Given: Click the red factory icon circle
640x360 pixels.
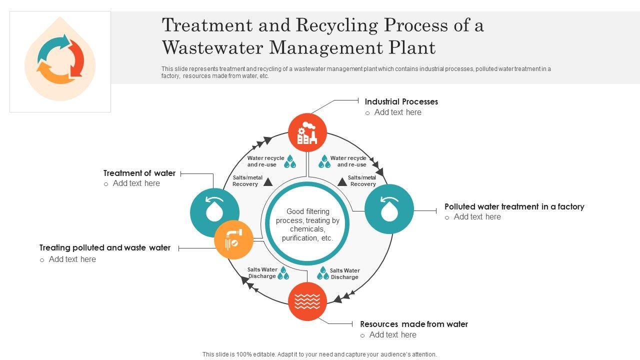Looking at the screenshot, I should click(307, 133).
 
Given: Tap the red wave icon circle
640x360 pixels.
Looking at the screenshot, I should click(307, 301).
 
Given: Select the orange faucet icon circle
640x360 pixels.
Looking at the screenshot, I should click(233, 239).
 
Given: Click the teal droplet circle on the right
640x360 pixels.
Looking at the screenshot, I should click(389, 209).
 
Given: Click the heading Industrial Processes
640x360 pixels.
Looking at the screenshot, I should click(401, 101).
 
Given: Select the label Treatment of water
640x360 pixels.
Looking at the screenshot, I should click(139, 173).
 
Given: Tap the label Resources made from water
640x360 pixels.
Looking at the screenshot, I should click(414, 324).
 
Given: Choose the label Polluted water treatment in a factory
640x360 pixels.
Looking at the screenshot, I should click(514, 206).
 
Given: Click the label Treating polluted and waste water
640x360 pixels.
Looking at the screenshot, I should click(105, 247).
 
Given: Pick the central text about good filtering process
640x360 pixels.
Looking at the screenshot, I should click(307, 225).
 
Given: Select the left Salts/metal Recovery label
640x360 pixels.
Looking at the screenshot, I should click(246, 181).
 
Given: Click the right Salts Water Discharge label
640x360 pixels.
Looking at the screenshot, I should click(344, 273).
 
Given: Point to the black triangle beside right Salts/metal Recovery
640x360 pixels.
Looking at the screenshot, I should click(342, 181).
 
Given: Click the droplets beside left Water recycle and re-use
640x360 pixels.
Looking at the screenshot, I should click(290, 161).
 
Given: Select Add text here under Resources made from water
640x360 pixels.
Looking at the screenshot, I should click(392, 335).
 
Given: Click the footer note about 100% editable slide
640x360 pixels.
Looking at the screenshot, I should click(319, 354).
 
